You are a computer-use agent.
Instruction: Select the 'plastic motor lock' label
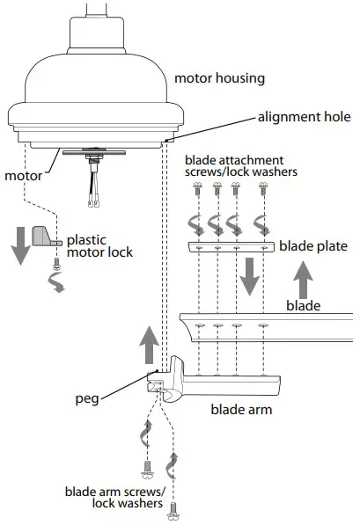[100, 246]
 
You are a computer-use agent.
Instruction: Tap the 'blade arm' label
[240, 409]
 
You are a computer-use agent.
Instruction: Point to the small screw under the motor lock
[55, 263]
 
